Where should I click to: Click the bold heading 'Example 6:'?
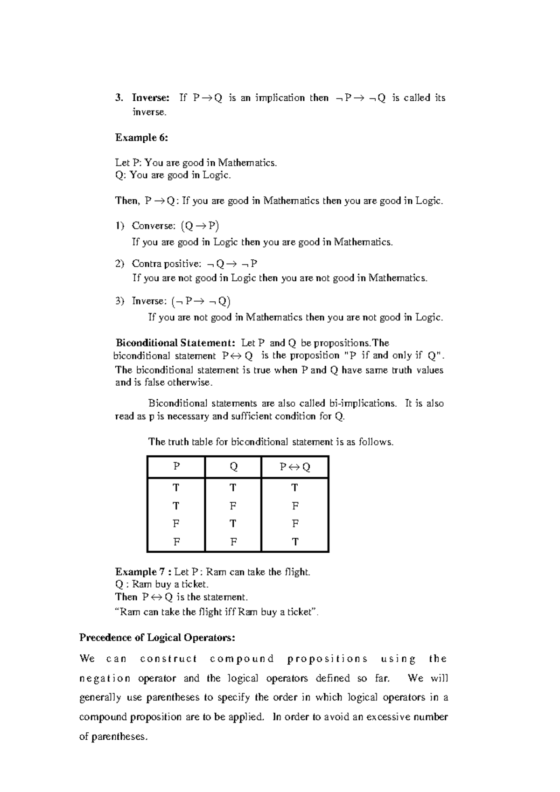[x=141, y=138]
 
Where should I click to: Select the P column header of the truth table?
[x=176, y=467]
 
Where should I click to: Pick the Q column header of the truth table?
[x=233, y=467]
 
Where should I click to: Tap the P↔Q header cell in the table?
[x=295, y=467]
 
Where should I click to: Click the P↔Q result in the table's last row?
[x=295, y=542]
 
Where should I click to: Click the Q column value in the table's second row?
[x=233, y=506]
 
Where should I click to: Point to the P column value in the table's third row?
[x=176, y=524]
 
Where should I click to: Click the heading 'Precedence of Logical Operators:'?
[x=157, y=638]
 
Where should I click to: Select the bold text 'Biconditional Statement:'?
[x=175, y=343]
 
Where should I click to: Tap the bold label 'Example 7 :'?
[x=143, y=572]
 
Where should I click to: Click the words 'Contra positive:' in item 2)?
[x=166, y=264]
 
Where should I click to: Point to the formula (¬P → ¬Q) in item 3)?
[x=201, y=301]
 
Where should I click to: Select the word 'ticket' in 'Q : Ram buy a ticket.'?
[x=194, y=584]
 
